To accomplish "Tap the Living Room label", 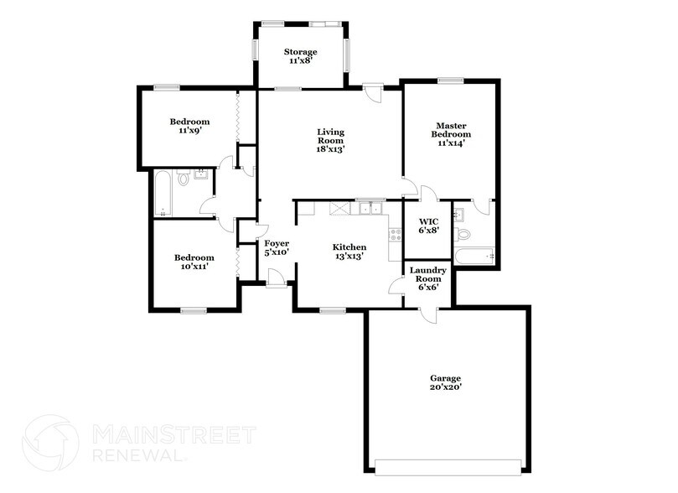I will coord(330,140).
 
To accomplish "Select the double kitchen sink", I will coord(370,208).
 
